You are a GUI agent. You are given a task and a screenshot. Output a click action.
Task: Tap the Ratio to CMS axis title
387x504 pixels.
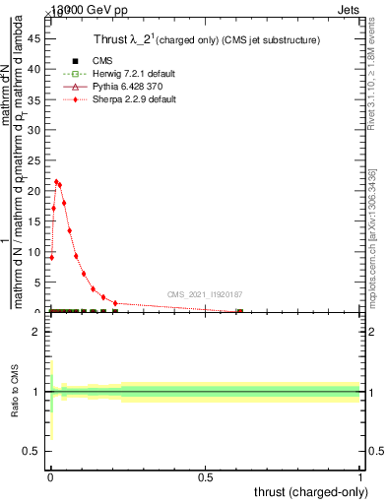pos(16,392)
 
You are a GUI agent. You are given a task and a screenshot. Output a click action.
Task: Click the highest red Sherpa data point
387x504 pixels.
pos(57,181)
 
